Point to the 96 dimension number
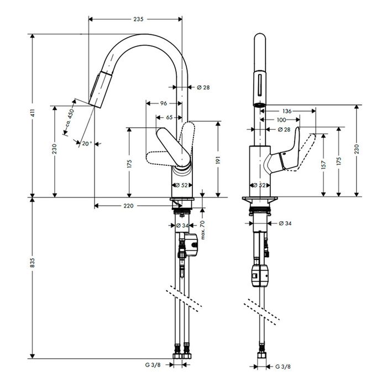pyautogui.click(x=164, y=103)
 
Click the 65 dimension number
pyautogui.click(x=169, y=117)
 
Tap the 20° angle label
pyautogui.click(x=85, y=143)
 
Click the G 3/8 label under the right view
pyautogui.click(x=283, y=366)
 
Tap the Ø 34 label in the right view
pyautogui.click(x=285, y=223)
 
